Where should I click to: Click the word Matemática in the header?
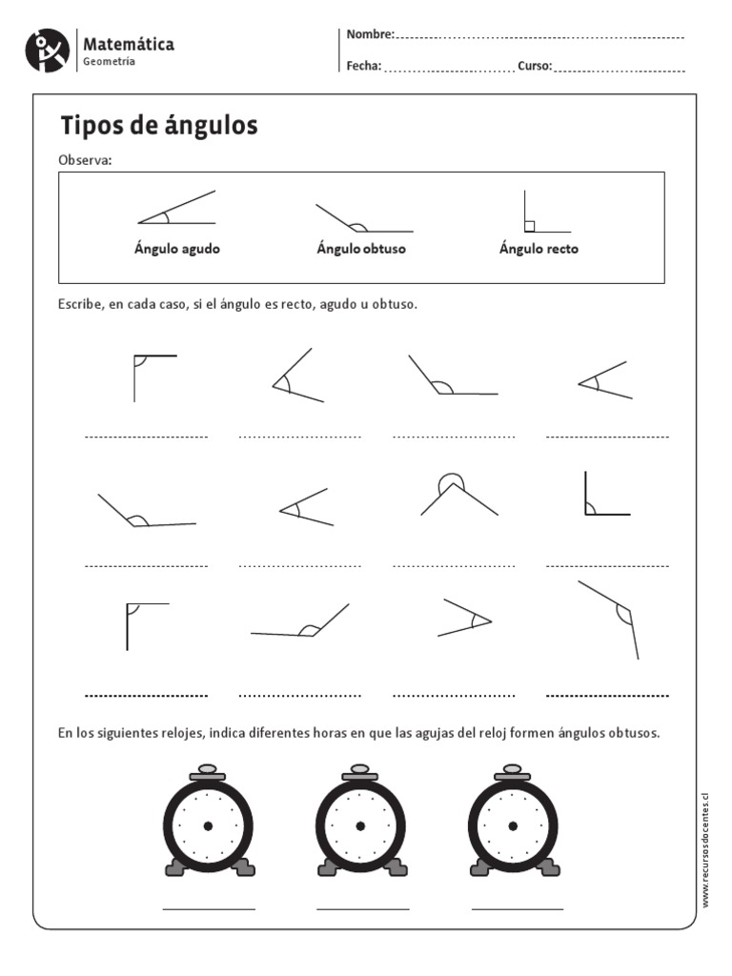[129, 45]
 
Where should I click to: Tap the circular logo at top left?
[48, 51]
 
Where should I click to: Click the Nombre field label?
[370, 34]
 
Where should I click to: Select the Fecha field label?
[364, 66]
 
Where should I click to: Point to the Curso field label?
[535, 66]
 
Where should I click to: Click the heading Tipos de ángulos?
[159, 126]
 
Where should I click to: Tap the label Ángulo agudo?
[176, 249]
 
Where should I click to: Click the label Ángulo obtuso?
[361, 249]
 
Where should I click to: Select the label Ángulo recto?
[539, 249]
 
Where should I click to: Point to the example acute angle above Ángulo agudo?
[176, 210]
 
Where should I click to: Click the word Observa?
[85, 159]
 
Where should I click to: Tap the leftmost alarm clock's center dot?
[208, 825]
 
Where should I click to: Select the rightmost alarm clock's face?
[514, 825]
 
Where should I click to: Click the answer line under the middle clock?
[362, 908]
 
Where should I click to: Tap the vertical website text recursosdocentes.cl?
[706, 848]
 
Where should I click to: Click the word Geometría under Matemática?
[109, 62]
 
